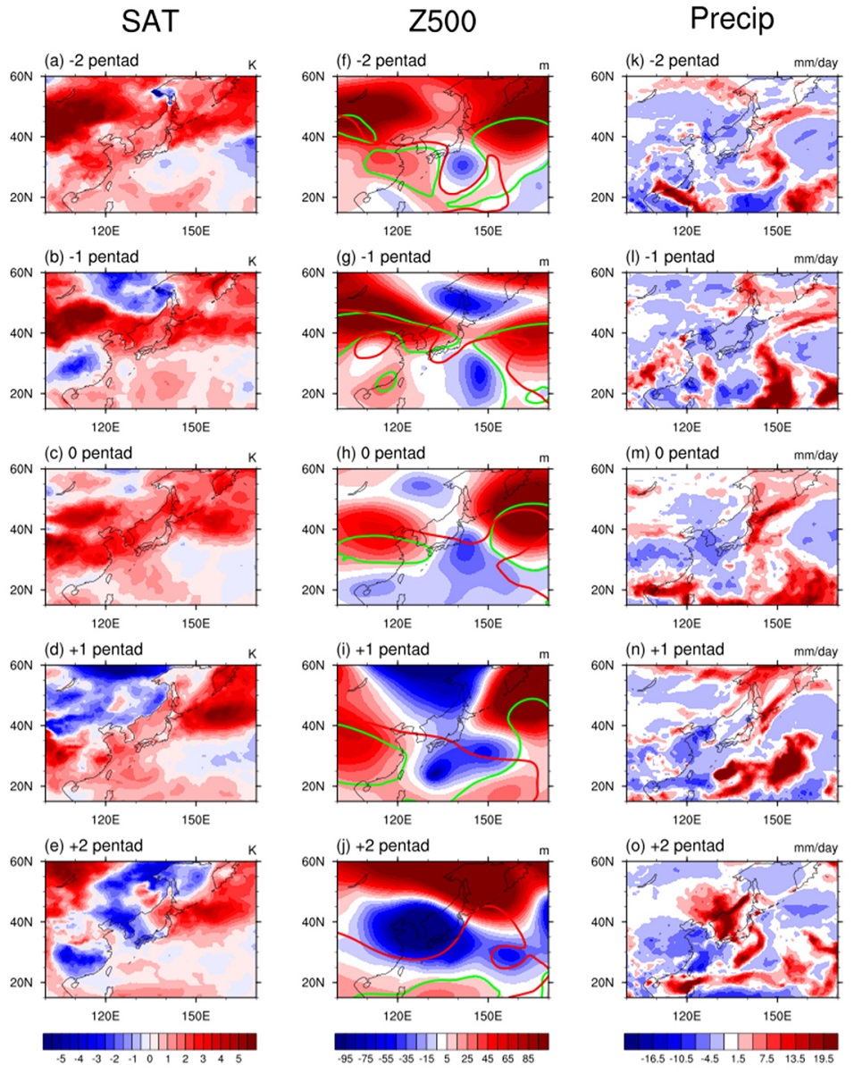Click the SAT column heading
[x=150, y=22]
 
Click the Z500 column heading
[x=441, y=22]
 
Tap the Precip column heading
[x=732, y=20]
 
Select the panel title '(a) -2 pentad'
[x=91, y=61]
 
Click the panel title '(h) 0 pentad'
[x=381, y=453]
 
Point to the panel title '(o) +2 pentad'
[x=674, y=845]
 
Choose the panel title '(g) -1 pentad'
[x=383, y=256]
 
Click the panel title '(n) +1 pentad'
[x=674, y=649]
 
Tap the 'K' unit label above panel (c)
[x=252, y=457]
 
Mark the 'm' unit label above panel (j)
[x=544, y=851]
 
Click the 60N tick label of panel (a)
[x=21, y=76]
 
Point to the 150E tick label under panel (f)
[x=488, y=231]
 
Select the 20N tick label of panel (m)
[x=602, y=590]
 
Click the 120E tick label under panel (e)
[x=105, y=1016]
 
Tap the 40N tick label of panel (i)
[x=313, y=726]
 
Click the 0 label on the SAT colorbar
[x=150, y=1059]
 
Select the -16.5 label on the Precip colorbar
[x=653, y=1059]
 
